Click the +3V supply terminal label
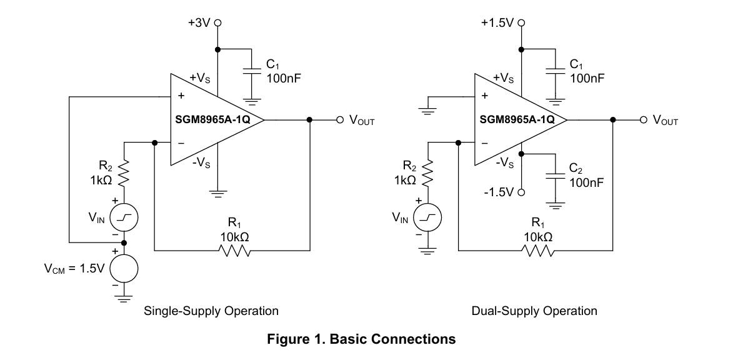point(199,22)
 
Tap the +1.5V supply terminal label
point(497,22)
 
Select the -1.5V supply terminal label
point(499,192)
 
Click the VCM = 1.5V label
point(74,269)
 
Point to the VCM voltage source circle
point(124,269)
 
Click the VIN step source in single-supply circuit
point(124,218)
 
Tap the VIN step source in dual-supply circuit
point(427,218)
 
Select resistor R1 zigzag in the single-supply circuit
point(234,251)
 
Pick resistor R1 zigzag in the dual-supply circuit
point(537,251)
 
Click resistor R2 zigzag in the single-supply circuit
point(124,173)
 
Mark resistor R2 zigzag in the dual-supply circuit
point(427,173)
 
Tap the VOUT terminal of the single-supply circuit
point(340,119)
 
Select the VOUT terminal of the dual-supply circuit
point(643,119)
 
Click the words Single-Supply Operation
point(211,311)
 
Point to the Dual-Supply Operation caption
point(534,311)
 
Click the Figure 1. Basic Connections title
point(361,339)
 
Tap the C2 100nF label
point(586,176)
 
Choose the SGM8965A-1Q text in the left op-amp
point(212,119)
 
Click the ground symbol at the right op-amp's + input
point(427,112)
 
